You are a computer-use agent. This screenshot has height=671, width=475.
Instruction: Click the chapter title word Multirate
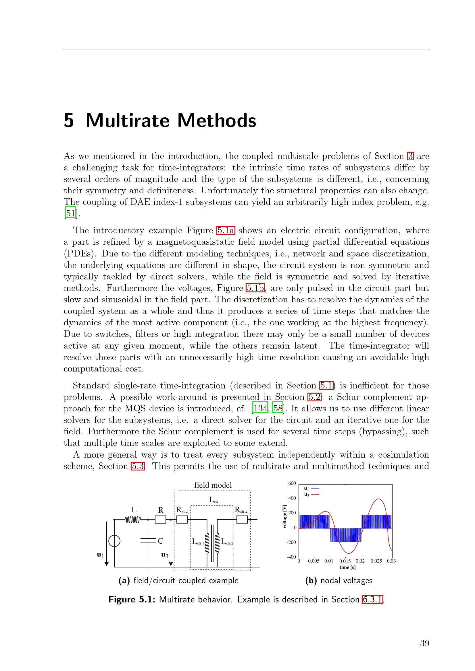click(x=127, y=120)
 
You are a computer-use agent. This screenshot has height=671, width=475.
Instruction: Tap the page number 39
click(x=424, y=643)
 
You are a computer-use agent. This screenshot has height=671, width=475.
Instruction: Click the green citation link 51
click(x=70, y=213)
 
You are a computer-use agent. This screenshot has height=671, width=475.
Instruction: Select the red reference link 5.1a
click(x=226, y=230)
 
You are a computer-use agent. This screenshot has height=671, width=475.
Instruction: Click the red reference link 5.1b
click(x=255, y=288)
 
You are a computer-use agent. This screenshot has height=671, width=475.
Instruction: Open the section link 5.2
click(x=314, y=397)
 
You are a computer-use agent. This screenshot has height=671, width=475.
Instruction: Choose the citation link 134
click(x=260, y=408)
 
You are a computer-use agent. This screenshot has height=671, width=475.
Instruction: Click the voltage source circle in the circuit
click(x=114, y=541)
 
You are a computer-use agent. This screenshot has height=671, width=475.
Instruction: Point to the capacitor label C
click(x=160, y=541)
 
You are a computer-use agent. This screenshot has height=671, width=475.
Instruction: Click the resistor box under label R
click(x=160, y=520)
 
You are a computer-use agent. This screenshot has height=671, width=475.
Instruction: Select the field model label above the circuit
click(x=213, y=485)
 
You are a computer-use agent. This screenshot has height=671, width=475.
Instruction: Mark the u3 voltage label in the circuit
click(x=165, y=555)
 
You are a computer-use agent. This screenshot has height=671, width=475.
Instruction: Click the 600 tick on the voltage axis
click(x=292, y=483)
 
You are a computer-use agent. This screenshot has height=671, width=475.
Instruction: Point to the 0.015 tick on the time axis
click(x=345, y=561)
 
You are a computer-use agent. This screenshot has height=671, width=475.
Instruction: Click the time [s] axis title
click(x=347, y=567)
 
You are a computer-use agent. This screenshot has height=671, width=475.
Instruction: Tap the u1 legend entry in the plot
click(x=311, y=488)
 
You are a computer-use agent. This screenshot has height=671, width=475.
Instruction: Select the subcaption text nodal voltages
click(x=346, y=580)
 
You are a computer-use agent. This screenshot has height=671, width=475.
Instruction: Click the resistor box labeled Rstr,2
click(x=242, y=520)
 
